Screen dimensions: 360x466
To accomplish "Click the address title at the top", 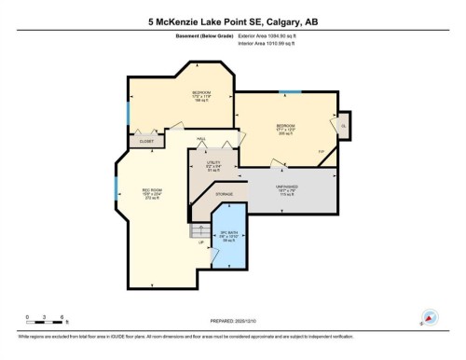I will coord(233,21).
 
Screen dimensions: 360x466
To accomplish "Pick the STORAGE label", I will coord(224,193).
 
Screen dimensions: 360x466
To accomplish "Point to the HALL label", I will coord(200,139).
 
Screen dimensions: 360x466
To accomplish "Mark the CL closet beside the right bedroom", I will coord(343,125).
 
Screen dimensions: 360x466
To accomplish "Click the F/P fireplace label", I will coord(322,152).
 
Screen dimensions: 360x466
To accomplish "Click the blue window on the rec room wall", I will coord(116,186).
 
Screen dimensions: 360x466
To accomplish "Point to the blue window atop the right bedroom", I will coord(290,91).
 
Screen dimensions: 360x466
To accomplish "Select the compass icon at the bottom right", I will coord(431,317).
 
